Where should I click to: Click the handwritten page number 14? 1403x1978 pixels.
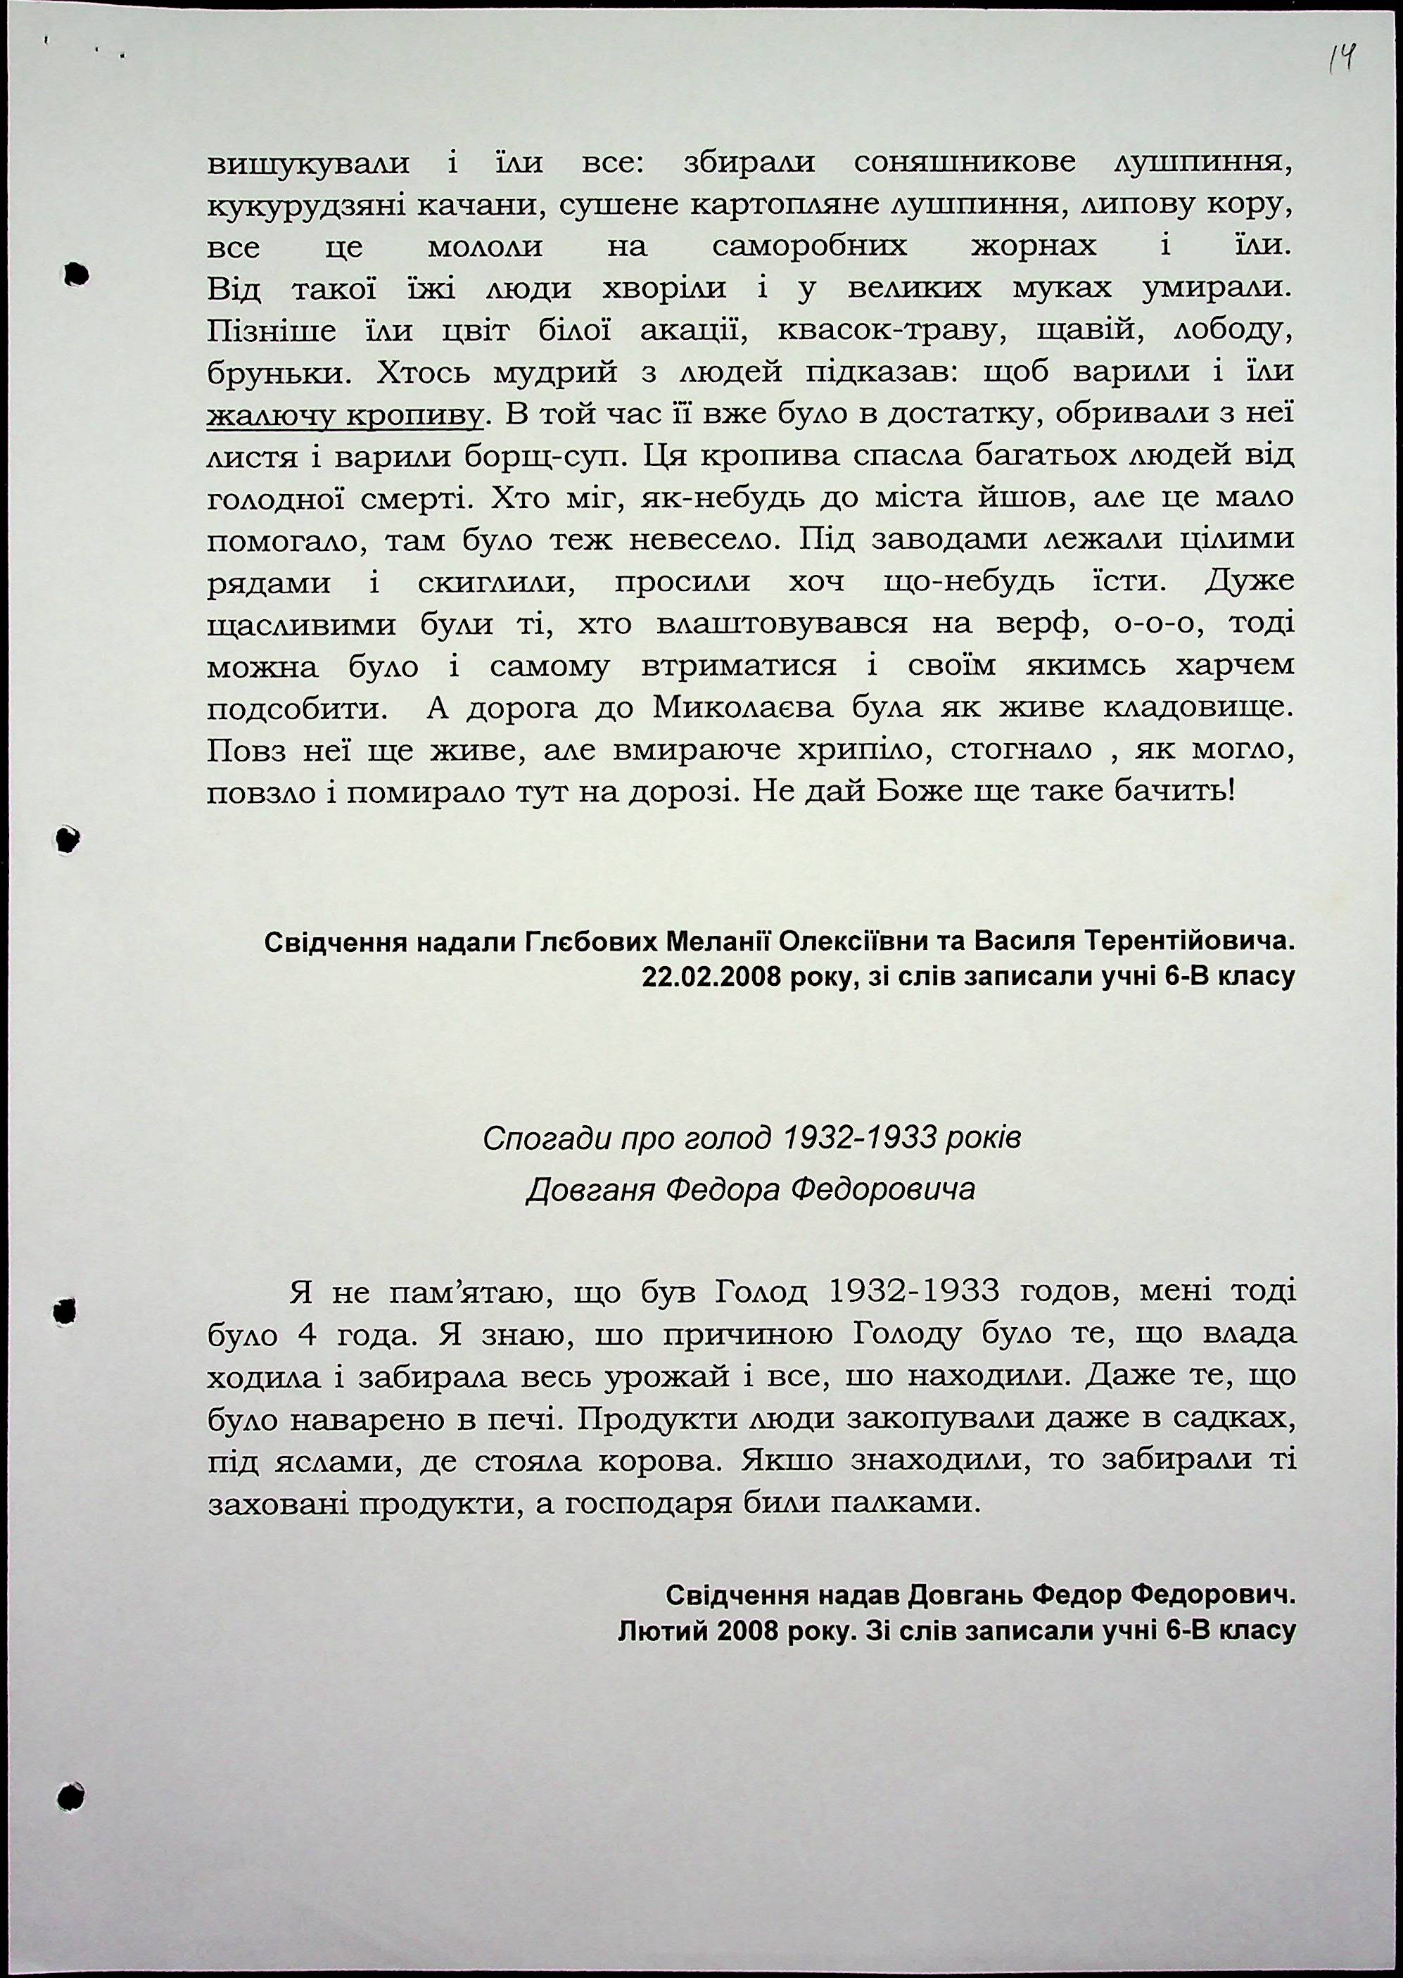pos(1341,61)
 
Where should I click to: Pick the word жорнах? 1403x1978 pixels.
pos(1033,247)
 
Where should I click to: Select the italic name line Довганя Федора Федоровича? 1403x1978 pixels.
pos(751,1189)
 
